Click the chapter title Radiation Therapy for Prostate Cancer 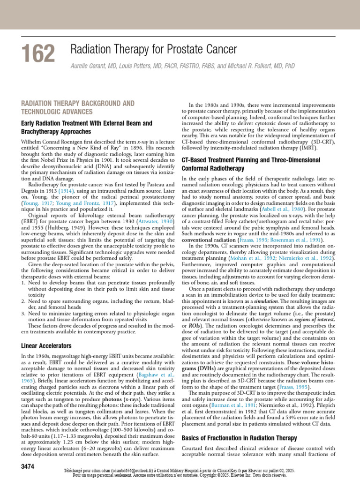click(x=153, y=49)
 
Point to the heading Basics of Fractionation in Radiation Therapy click(x=239, y=438)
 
